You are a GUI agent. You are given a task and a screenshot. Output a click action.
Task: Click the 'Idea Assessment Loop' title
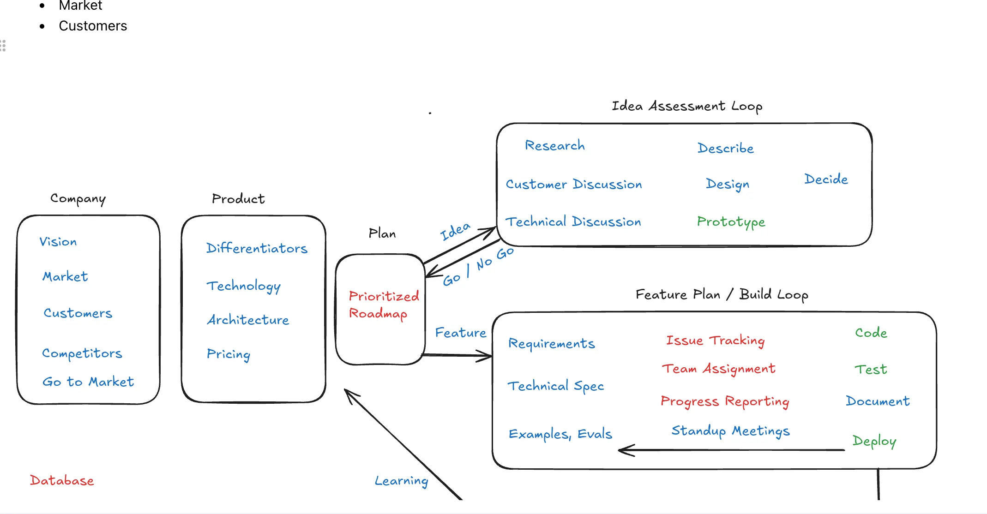[686, 106]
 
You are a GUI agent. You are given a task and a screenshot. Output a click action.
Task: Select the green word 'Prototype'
[731, 222]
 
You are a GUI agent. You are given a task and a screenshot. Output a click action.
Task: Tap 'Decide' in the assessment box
[826, 179]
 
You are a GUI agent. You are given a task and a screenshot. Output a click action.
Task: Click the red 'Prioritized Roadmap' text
[383, 305]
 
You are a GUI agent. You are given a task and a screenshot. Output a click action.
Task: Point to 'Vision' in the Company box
[58, 242]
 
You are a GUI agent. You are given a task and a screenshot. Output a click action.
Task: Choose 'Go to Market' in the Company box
[88, 382]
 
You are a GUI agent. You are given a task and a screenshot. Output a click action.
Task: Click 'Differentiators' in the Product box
[257, 248]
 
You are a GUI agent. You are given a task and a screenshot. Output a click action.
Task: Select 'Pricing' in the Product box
[229, 354]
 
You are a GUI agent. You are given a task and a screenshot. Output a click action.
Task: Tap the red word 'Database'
[62, 480]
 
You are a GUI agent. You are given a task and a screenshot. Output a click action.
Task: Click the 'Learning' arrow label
[401, 481]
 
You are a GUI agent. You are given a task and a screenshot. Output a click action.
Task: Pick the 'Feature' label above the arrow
[460, 333]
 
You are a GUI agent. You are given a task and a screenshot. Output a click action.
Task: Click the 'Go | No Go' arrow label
[478, 266]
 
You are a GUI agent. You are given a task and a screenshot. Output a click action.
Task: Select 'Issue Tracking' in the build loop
[715, 341]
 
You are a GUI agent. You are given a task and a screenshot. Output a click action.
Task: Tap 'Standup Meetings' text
[730, 431]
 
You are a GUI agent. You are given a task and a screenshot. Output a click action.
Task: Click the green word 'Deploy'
[874, 441]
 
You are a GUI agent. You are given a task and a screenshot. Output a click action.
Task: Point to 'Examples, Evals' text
[560, 434]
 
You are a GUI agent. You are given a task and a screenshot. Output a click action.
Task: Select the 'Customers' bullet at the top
[93, 26]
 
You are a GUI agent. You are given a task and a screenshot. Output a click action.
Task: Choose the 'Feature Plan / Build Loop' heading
[722, 294]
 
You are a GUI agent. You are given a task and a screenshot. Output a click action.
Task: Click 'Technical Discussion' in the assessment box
[573, 222]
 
